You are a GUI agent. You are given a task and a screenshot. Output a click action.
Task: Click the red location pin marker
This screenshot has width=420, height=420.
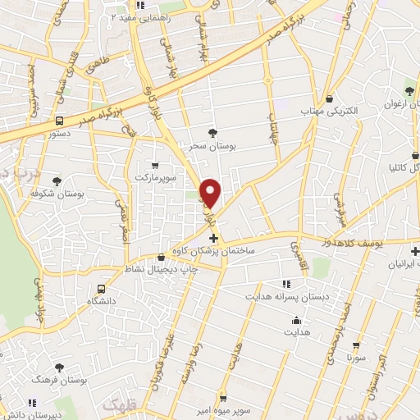coord(211,194)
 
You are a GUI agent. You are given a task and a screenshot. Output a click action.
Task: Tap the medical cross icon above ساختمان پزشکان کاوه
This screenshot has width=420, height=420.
coord(215,238)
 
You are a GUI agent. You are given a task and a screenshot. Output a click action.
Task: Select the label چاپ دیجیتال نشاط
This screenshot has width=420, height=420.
coord(161,268)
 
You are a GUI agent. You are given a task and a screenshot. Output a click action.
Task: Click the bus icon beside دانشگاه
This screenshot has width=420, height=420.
coord(101,289)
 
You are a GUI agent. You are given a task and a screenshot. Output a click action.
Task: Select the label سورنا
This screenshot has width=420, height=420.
coord(354,358)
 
